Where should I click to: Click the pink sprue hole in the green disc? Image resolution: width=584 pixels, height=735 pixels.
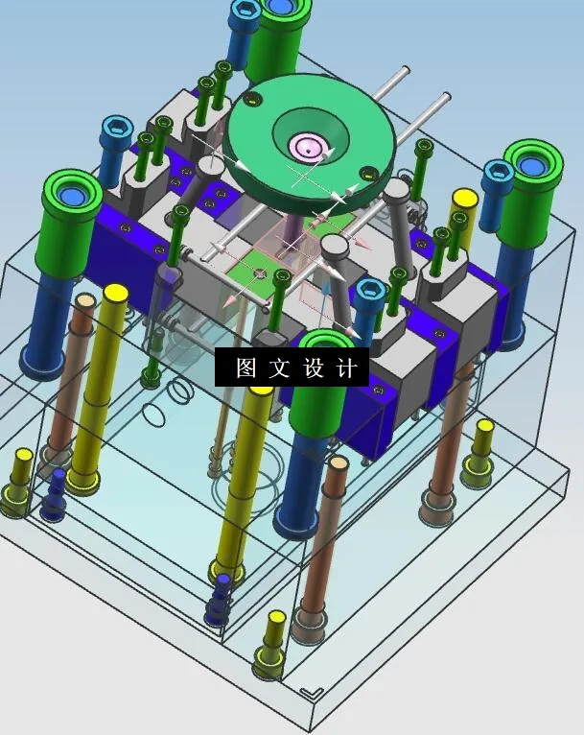coord(309,148)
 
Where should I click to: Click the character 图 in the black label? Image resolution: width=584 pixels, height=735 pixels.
coord(246,368)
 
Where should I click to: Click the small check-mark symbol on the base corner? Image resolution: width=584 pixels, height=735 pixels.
coord(310,692)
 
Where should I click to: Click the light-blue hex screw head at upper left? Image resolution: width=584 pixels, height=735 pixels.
coord(116,128)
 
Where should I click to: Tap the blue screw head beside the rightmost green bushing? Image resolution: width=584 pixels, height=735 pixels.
coord(497,172)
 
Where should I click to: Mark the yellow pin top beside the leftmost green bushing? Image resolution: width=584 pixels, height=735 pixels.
coord(116,292)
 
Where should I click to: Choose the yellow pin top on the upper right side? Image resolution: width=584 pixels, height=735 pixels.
coord(464,199)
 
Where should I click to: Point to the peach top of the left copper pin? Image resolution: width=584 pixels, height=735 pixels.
coord(83,301)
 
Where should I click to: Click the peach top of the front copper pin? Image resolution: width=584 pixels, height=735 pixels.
coord(337,462)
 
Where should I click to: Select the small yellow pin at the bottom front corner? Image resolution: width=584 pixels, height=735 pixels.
coord(276,617)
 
